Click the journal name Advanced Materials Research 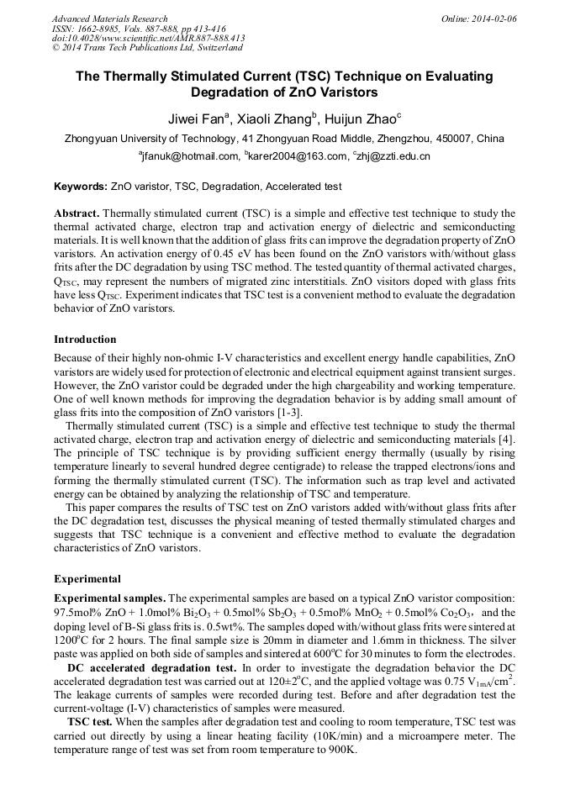tap(109, 18)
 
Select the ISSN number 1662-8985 tap(95, 29)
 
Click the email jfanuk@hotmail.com tap(188, 156)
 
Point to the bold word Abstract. tap(77, 214)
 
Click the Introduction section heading tap(85, 340)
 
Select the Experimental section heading tap(87, 579)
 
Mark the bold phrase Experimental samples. tap(110, 597)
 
